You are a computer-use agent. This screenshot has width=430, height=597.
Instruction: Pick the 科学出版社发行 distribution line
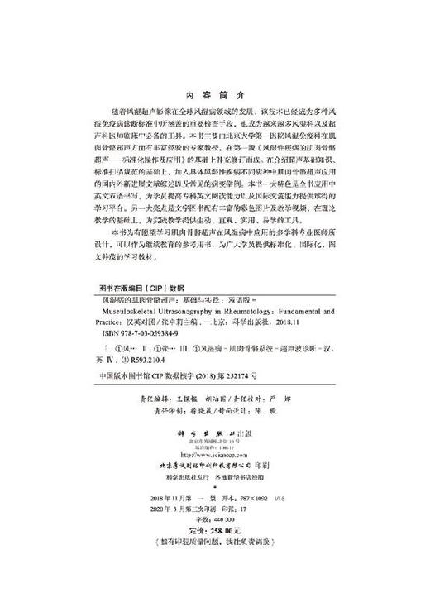pos(187,479)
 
